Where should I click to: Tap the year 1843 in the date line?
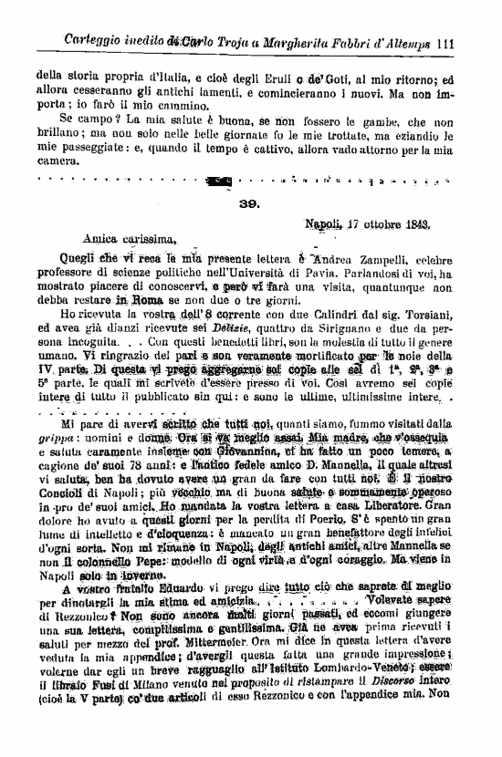point(413,223)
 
